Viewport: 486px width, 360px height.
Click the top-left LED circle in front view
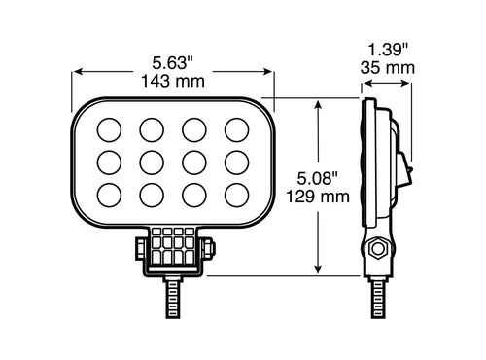point(110,128)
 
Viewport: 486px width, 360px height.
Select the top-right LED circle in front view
point(236,128)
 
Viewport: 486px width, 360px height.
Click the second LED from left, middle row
point(152,162)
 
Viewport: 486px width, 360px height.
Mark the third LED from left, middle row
point(194,162)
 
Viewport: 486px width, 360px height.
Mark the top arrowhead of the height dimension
point(317,101)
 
